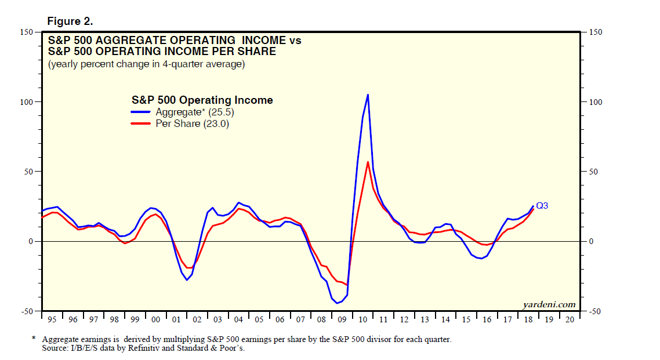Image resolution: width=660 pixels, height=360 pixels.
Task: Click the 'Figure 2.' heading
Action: coord(70,21)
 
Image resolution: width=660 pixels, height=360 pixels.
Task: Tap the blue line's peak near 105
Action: coord(368,94)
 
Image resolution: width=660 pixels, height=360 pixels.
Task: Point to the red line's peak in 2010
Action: coord(368,162)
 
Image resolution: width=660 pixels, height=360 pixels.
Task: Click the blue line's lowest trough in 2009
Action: coord(336,303)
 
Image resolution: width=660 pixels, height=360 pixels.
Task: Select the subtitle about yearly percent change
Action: coord(146,64)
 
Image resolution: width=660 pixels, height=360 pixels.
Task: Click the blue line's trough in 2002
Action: coord(187,280)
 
